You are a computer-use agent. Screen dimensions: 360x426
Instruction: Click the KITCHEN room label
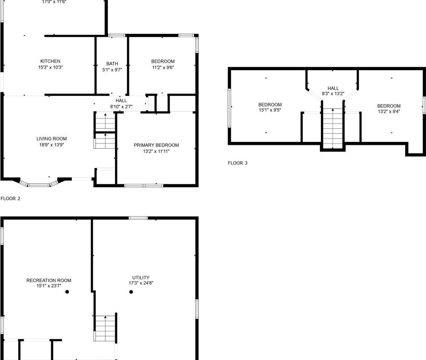point(50,61)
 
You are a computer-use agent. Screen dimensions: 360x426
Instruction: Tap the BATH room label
point(112,64)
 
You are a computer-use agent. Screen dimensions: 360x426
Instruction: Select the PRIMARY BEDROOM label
point(156,145)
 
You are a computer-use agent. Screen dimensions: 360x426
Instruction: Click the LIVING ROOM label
point(51,139)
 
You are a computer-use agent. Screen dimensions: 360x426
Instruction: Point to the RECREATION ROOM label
point(49,280)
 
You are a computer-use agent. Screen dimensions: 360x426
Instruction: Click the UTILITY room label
point(141,278)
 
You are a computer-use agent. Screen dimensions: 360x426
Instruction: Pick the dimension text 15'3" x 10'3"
point(50,67)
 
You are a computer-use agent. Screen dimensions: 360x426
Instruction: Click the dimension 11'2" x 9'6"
point(163,67)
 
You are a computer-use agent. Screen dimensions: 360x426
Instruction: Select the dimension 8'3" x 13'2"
point(333,94)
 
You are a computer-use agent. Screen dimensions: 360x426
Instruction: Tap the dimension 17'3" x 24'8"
point(141,283)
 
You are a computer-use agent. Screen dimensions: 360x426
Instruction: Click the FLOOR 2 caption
point(10,199)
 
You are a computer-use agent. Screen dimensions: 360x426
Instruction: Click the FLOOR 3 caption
point(238,163)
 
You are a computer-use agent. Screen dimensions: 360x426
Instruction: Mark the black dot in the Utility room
point(131,292)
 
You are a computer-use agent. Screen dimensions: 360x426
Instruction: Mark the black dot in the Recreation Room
point(67,292)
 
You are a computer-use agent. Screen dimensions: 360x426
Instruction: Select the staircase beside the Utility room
point(105,328)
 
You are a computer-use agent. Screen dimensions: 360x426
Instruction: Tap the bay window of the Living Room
point(38,184)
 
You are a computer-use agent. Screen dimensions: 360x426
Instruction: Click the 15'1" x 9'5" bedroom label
point(270,105)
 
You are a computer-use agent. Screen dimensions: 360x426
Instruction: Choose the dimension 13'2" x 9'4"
point(389,112)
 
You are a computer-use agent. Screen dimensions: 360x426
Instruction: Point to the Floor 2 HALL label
point(121,101)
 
